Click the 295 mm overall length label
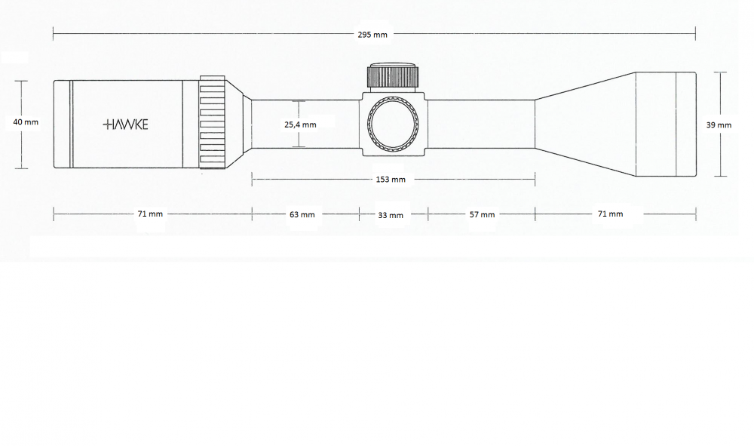373,34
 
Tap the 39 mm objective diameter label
719,125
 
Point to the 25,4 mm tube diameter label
300,125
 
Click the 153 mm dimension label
391,180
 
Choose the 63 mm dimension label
302,215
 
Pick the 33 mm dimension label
391,216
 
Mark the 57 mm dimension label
482,215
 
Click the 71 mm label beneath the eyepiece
150,214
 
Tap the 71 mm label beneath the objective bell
610,214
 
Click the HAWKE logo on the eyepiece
125,125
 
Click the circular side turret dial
392,125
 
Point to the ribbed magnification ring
213,124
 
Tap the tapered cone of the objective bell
584,124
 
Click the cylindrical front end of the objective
664,124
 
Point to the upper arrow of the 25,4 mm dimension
300,103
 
